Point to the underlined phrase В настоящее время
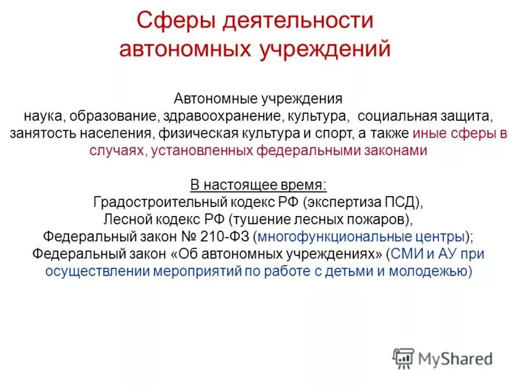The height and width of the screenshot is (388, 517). click(x=258, y=184)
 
